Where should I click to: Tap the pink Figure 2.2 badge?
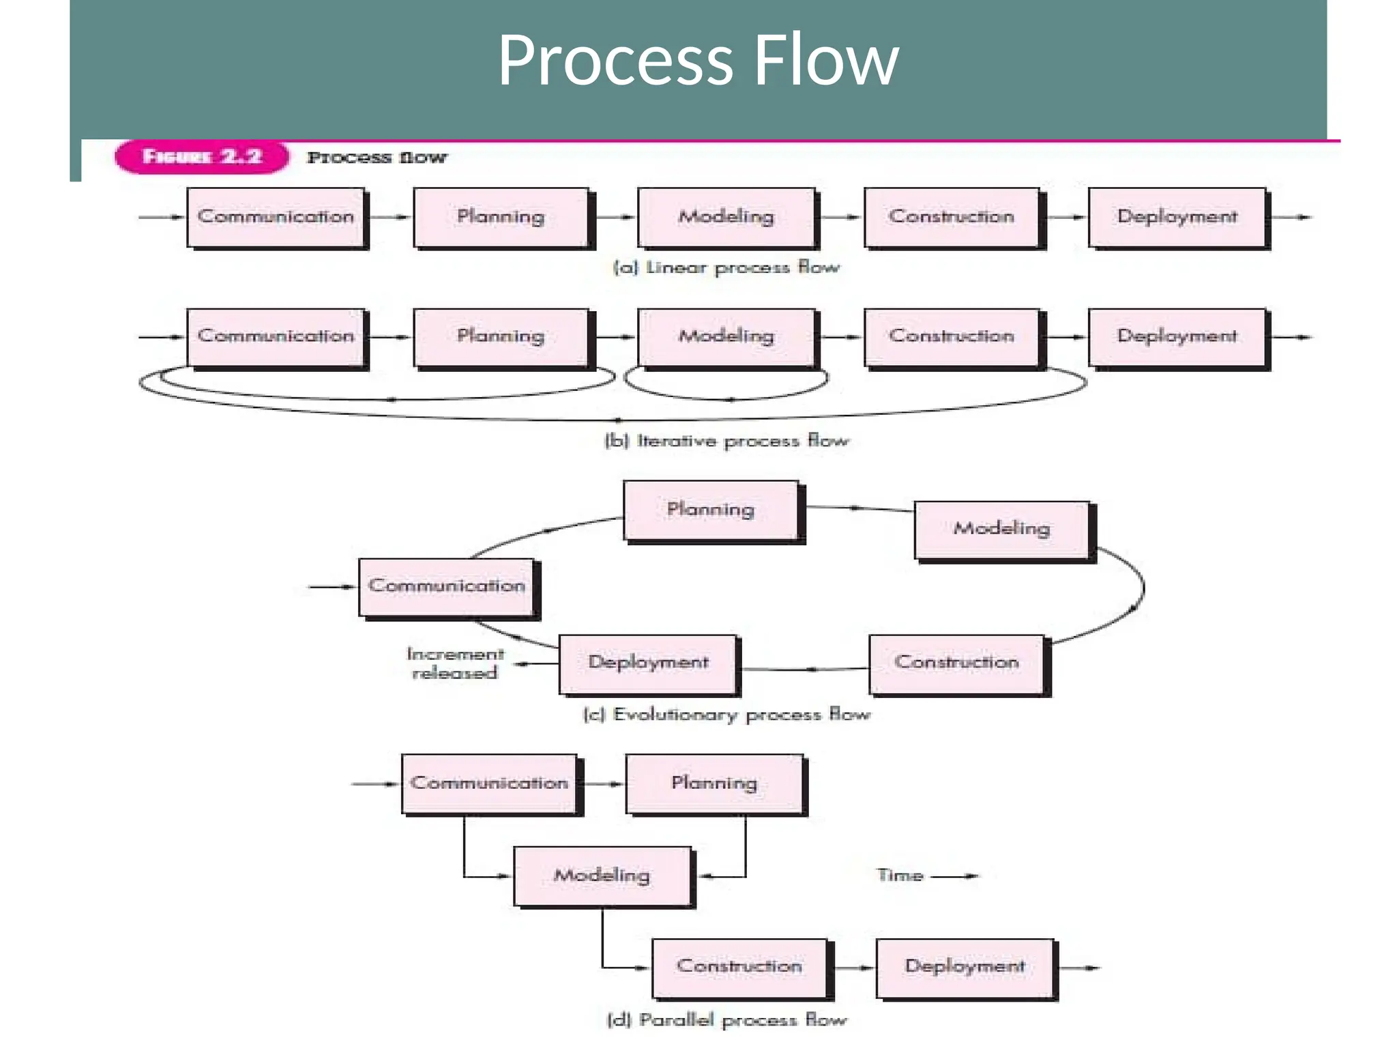[201, 157]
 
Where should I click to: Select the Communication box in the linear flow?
[276, 217]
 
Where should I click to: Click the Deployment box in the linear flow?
[1177, 217]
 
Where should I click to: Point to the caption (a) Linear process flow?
[726, 267]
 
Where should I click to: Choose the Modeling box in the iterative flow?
[726, 336]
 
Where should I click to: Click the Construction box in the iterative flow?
[951, 336]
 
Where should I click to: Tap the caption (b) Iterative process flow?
[726, 441]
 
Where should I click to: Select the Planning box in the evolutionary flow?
[710, 510]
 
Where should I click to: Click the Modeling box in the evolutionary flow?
[1001, 529]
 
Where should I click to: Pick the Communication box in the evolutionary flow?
[446, 586]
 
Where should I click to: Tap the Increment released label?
[455, 663]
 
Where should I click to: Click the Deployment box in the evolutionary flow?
[648, 663]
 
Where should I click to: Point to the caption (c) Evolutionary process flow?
[726, 714]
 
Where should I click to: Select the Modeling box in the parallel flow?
[602, 875]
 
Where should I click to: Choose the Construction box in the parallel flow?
[739, 966]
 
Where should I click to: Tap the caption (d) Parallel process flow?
[726, 1020]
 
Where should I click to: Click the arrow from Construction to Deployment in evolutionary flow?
[805, 669]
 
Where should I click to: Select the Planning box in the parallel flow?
[714, 783]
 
